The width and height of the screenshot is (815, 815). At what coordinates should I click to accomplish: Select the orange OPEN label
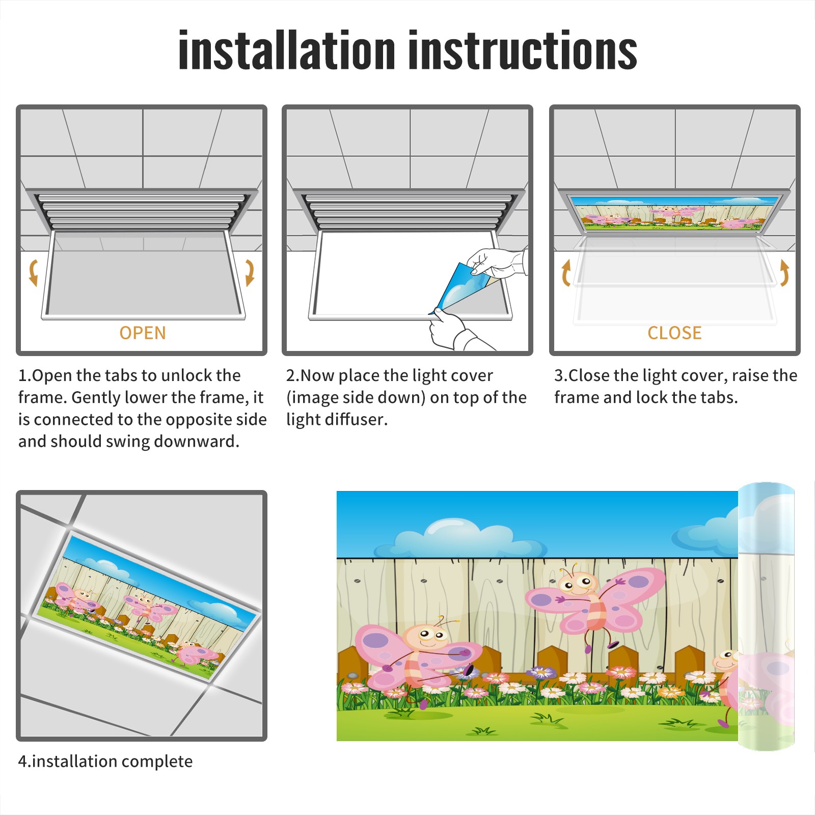pyautogui.click(x=143, y=333)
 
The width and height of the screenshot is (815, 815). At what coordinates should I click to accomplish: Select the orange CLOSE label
pyautogui.click(x=674, y=333)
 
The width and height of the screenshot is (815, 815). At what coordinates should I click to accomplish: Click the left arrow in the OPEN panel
pyautogui.click(x=33, y=273)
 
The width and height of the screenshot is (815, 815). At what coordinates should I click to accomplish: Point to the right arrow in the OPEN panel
pyautogui.click(x=250, y=273)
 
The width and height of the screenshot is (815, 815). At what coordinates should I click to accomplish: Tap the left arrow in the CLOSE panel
pyautogui.click(x=566, y=273)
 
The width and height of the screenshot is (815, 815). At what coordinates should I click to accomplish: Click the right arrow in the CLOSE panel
pyautogui.click(x=784, y=273)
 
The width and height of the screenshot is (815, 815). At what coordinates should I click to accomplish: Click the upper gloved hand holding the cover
pyautogui.click(x=497, y=263)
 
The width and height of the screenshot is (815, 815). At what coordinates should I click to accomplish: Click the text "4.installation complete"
pyautogui.click(x=105, y=762)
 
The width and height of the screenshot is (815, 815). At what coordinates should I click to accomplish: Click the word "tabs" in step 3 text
pyautogui.click(x=720, y=397)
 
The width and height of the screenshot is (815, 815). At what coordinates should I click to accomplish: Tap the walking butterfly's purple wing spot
pyautogui.click(x=376, y=640)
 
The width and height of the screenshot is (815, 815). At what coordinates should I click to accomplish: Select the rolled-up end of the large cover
pyautogui.click(x=767, y=616)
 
